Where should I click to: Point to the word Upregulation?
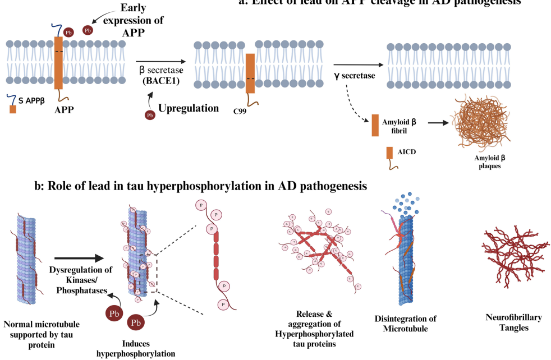click(188, 108)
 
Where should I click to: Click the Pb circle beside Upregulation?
click(150, 116)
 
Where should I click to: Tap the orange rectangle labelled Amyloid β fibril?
click(375, 125)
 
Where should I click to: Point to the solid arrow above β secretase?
click(160, 62)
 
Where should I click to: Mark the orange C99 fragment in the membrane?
click(250, 73)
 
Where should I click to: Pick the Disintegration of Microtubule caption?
click(405, 323)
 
